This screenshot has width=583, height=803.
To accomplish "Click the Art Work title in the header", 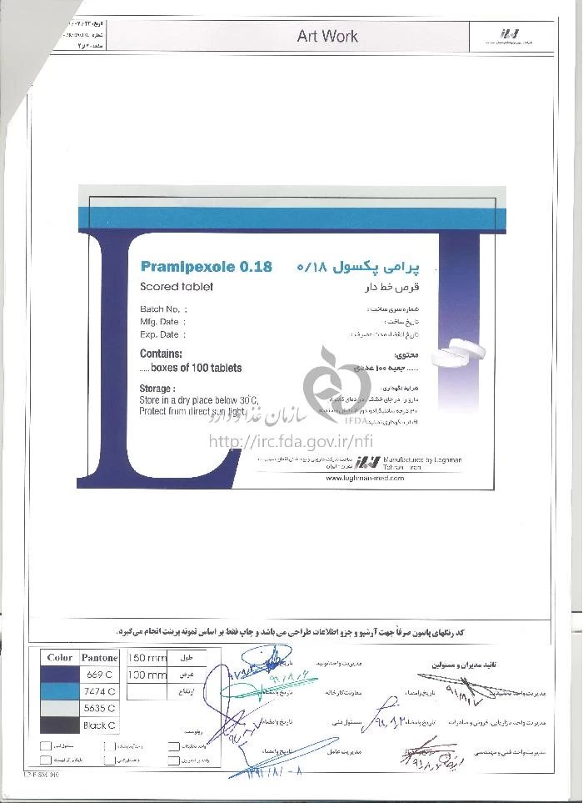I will pyautogui.click(x=327, y=36).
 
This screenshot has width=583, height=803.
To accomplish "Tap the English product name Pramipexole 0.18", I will pyautogui.click(x=207, y=268).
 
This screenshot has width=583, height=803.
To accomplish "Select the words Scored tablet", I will pyautogui.click(x=177, y=287).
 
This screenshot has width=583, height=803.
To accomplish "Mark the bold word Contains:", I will pyautogui.click(x=161, y=354).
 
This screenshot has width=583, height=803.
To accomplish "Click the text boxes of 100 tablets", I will pyautogui.click(x=191, y=368).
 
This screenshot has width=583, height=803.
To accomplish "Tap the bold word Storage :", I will pyautogui.click(x=157, y=389).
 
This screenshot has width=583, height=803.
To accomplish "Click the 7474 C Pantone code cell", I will pyautogui.click(x=99, y=691).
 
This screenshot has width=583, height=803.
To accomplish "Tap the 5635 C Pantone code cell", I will pyautogui.click(x=99, y=708).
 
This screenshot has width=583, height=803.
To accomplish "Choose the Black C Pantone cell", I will pyautogui.click(x=99, y=725).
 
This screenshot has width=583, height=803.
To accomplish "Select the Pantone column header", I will pyautogui.click(x=99, y=658).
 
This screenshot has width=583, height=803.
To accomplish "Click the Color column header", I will pyautogui.click(x=60, y=658).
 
